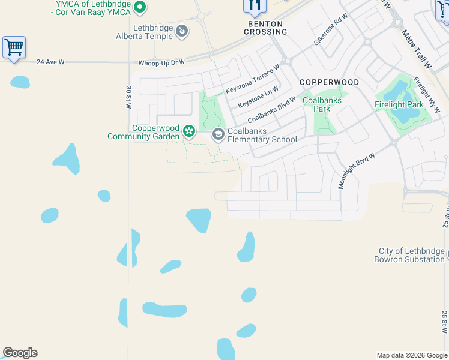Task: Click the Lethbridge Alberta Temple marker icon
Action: [x=182, y=29]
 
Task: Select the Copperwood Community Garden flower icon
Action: [x=189, y=131]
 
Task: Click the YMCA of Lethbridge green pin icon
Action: [x=140, y=7]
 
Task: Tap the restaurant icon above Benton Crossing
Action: [x=255, y=6]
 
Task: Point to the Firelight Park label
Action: [x=399, y=104]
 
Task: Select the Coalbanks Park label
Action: [x=322, y=104]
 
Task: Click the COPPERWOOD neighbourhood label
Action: [x=329, y=82]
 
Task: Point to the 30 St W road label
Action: [x=128, y=97]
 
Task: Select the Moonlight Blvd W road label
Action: [x=356, y=170]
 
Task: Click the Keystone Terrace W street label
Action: [x=253, y=79]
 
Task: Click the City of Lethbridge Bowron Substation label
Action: [x=409, y=255]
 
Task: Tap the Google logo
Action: [x=20, y=353]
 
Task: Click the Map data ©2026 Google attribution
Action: [x=411, y=355]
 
